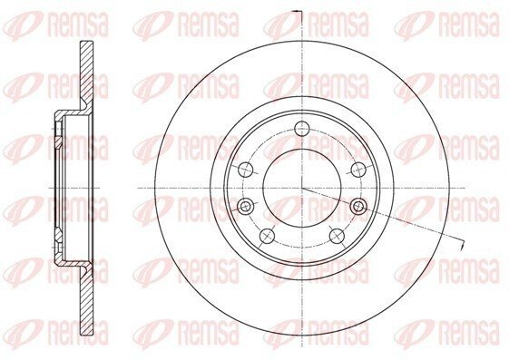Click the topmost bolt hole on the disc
302,128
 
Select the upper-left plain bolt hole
245,169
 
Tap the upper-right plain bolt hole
358,169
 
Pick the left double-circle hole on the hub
245,206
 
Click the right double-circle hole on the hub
358,206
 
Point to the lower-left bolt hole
268,236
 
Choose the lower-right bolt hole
337,236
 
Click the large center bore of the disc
302,188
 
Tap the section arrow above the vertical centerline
297,12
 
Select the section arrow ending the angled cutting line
462,245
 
